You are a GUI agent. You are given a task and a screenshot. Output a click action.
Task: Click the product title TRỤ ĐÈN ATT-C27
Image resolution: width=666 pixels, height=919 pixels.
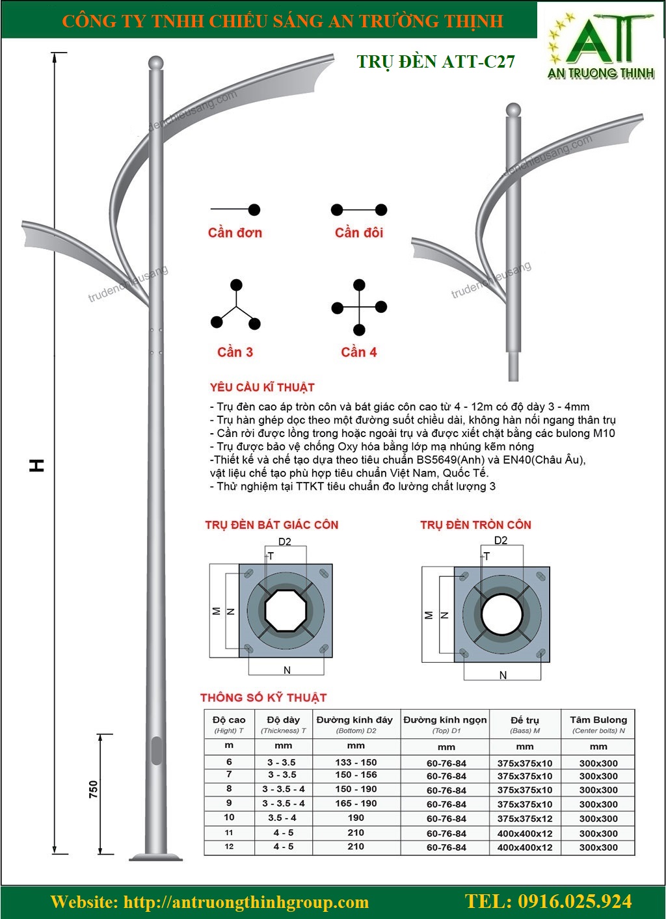(x=436, y=61)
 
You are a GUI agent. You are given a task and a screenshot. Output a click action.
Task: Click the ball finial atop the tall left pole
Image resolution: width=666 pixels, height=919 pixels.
(x=155, y=63)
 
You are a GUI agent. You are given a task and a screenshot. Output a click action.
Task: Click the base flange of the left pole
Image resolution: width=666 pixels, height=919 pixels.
(x=156, y=853)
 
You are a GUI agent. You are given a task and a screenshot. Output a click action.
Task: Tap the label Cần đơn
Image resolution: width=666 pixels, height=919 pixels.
(x=235, y=233)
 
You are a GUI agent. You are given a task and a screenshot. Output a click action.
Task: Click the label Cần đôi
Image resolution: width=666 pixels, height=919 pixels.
(x=359, y=233)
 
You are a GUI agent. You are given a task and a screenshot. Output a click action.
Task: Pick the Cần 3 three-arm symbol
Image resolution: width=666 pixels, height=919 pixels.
(x=235, y=306)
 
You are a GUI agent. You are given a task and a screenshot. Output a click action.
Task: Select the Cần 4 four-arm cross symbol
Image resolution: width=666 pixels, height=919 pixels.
(x=359, y=308)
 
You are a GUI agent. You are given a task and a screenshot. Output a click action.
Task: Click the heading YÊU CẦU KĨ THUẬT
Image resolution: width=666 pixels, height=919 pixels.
(x=262, y=388)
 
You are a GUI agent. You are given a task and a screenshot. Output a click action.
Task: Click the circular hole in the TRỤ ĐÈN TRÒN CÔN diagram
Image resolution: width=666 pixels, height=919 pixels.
(x=501, y=611)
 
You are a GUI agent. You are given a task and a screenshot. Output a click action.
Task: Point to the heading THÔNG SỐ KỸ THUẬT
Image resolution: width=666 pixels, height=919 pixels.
(x=263, y=698)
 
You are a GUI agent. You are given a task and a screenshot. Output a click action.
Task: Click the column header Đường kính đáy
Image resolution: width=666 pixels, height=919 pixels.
(x=354, y=720)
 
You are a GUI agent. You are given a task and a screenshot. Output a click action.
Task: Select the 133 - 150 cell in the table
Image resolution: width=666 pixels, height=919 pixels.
(x=355, y=762)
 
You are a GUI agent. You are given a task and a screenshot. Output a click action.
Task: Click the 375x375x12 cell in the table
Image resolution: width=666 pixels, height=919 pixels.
(x=524, y=819)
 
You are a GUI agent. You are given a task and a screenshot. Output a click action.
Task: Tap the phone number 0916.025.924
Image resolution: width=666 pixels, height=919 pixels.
(x=548, y=901)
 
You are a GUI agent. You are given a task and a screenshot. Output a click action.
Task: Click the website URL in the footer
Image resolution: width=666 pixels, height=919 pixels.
(x=210, y=902)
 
